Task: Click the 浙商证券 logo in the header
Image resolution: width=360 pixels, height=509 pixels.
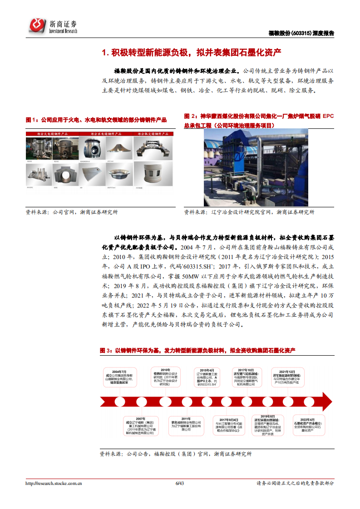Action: coord(53,26)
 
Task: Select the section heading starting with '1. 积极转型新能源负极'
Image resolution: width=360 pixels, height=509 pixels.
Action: coord(191,53)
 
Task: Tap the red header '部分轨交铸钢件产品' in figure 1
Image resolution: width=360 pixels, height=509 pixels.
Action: coord(150,134)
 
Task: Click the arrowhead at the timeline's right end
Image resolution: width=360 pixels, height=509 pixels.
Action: coord(325,401)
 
